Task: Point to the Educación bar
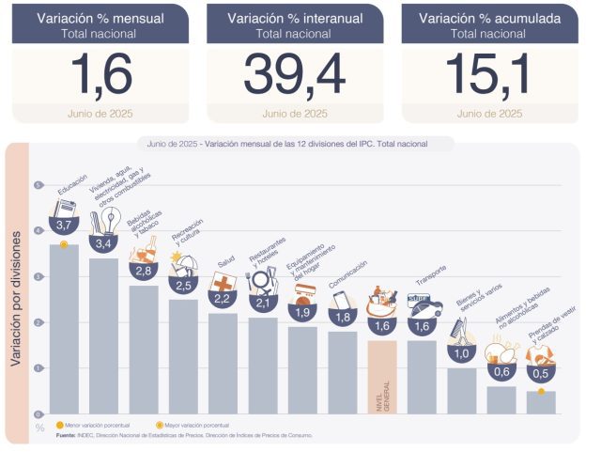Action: [64, 329]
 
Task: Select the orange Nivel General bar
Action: [382, 376]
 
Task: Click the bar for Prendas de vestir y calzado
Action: [541, 402]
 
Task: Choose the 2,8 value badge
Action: [144, 271]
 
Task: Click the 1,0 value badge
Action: [461, 353]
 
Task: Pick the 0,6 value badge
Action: [501, 372]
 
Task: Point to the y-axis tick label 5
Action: [39, 185]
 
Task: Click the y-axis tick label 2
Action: [39, 322]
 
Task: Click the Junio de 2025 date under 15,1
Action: [489, 115]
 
